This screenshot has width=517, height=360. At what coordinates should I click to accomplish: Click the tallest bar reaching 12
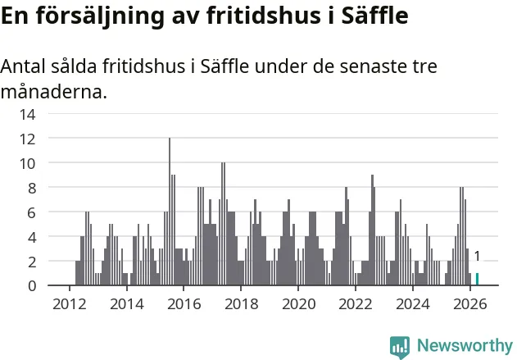point(170,212)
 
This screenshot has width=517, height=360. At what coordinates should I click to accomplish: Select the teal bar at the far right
point(477,279)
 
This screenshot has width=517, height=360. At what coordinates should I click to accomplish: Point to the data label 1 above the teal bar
point(477,256)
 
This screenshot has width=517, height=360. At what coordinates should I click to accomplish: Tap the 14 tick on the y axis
point(27,115)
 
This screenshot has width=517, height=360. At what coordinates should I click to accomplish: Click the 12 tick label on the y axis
point(27,139)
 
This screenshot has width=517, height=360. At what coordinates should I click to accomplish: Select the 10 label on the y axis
point(27,164)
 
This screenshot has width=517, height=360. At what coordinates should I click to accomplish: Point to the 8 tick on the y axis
point(32,189)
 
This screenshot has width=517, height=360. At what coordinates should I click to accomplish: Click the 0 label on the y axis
point(32,285)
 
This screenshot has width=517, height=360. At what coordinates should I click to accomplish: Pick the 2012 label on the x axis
point(70,304)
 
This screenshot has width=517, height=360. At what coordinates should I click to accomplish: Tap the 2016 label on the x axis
point(184,304)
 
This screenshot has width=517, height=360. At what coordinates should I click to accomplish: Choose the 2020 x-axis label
point(299,304)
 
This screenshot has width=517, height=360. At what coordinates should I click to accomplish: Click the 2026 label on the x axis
point(469,304)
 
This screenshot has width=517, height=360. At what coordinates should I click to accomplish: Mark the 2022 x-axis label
point(356,304)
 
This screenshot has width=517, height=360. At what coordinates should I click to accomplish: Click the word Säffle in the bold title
point(375,15)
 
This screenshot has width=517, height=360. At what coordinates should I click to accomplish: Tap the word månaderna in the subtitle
point(54,91)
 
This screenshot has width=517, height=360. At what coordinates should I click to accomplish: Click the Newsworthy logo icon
point(400,348)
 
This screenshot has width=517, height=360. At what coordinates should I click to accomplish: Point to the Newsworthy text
point(465,345)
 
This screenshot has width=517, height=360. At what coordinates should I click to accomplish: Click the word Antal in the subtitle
point(23,66)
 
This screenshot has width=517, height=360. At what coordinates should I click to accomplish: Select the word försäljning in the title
point(100,16)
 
